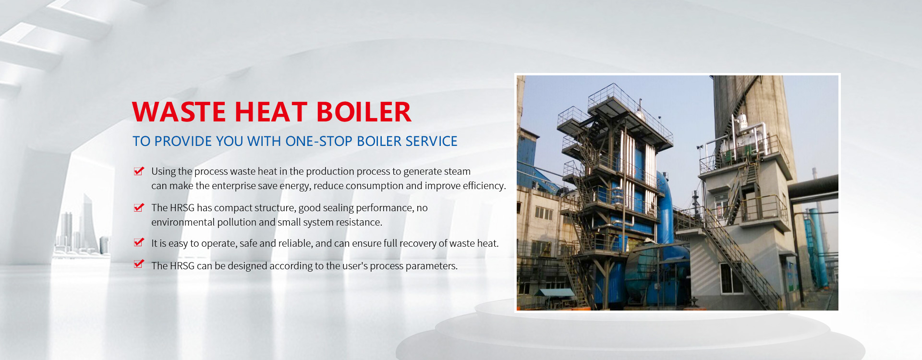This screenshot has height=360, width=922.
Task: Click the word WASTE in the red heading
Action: [179, 112]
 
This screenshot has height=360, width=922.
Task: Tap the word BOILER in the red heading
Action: [364, 112]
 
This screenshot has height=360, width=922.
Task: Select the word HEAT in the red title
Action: [271, 112]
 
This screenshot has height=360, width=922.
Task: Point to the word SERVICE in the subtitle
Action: [431, 141]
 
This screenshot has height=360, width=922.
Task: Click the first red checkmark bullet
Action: [139, 171]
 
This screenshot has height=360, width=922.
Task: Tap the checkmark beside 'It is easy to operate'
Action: [139, 242]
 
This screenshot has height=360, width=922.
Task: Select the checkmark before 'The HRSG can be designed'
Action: [139, 264]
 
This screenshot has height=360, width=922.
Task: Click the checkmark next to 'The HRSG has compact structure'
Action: [139, 207]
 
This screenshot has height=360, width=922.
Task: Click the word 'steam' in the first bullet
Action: [458, 171]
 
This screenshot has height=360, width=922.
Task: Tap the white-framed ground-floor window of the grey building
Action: [731, 278]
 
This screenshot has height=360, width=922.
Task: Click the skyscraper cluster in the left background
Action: [82, 226]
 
